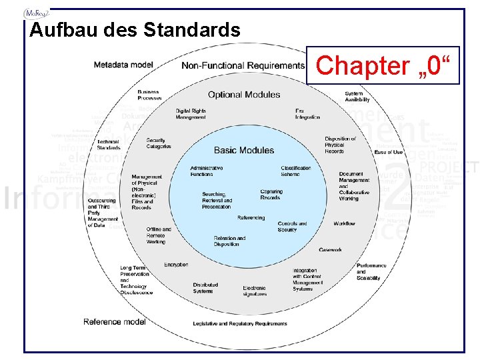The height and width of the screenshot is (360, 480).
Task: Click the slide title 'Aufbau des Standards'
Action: tap(135, 31)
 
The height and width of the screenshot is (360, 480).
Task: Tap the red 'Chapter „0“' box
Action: tap(383, 66)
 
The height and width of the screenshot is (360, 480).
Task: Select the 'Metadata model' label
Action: tap(123, 65)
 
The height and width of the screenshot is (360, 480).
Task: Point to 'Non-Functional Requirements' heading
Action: tap(243, 65)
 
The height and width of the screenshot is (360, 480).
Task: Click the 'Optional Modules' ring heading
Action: tap(244, 95)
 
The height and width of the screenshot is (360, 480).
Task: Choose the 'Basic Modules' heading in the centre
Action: tap(244, 151)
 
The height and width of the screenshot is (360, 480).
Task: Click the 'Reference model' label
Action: tap(115, 322)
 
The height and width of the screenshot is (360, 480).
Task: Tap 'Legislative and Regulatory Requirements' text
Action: tap(240, 323)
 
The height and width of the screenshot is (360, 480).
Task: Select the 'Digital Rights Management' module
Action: tap(191, 114)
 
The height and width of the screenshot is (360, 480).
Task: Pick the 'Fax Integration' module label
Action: tap(307, 114)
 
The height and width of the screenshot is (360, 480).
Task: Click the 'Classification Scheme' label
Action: tap(296, 171)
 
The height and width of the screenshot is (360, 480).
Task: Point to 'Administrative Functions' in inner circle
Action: tap(207, 171)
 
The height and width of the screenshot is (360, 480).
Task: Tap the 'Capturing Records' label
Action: tap(271, 194)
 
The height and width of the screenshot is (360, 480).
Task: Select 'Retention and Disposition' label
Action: tap(229, 241)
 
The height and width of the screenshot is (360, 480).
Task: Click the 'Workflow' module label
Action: tap(344, 223)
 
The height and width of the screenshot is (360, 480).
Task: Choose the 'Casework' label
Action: tap(330, 250)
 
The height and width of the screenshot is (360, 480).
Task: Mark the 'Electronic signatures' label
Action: tap(255, 291)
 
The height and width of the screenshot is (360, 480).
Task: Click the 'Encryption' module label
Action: tap(176, 265)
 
